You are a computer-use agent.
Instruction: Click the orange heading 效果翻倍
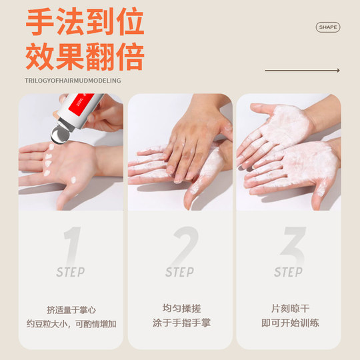[85, 57]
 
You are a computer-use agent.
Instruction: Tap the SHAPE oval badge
[327, 27]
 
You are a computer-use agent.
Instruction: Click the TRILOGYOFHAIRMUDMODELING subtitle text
[73, 81]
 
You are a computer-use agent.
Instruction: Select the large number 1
[72, 245]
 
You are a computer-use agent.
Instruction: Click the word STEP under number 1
[70, 272]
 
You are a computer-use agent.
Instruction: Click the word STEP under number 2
[179, 272]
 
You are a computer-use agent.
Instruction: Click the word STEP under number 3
[288, 272]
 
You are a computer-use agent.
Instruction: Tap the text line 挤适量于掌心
[71, 310]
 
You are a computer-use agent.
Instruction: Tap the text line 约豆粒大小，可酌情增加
[71, 324]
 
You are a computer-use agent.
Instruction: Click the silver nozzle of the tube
[59, 133]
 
